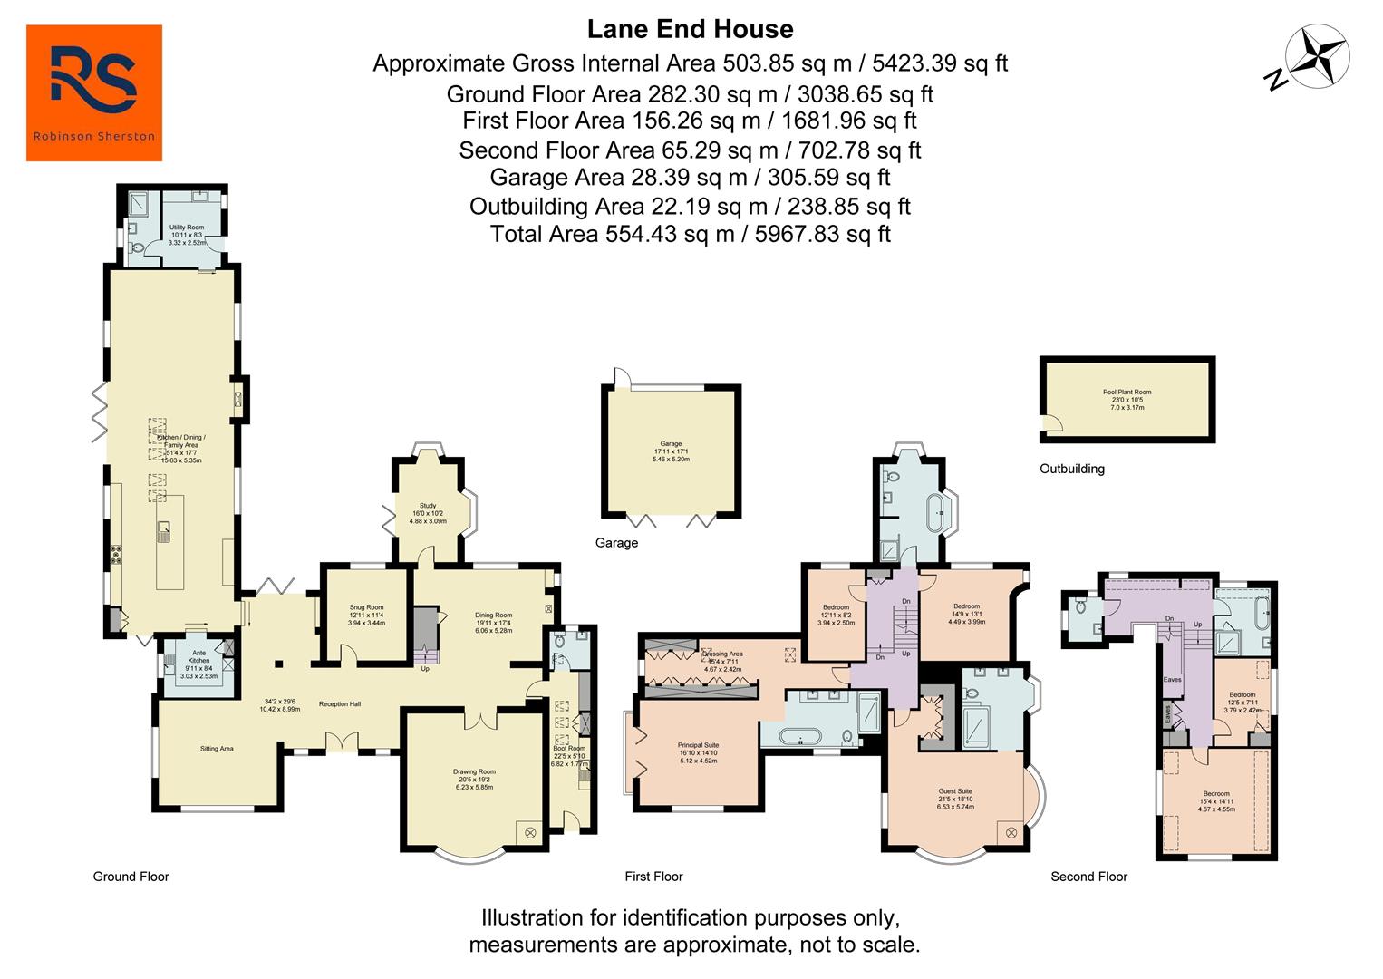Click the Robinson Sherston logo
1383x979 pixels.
tap(94, 92)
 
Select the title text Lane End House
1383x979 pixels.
tap(690, 29)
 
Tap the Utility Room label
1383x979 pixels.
tap(187, 228)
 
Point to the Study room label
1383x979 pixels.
tap(428, 506)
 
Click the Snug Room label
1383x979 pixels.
tap(366, 607)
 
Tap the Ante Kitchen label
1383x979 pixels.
tap(198, 653)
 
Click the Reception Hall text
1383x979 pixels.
tap(340, 703)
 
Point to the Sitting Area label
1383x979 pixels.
tap(217, 749)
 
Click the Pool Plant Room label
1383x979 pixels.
tap(1127, 393)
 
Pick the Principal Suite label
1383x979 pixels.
tap(698, 745)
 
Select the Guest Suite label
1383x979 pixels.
tap(954, 791)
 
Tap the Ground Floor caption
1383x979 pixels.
tap(131, 877)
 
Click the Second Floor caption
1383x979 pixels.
tap(1088, 877)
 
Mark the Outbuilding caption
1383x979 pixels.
tap(1071, 469)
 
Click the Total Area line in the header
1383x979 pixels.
tap(690, 234)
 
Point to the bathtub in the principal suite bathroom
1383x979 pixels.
tap(799, 735)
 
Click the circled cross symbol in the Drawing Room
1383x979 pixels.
tap(530, 832)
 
